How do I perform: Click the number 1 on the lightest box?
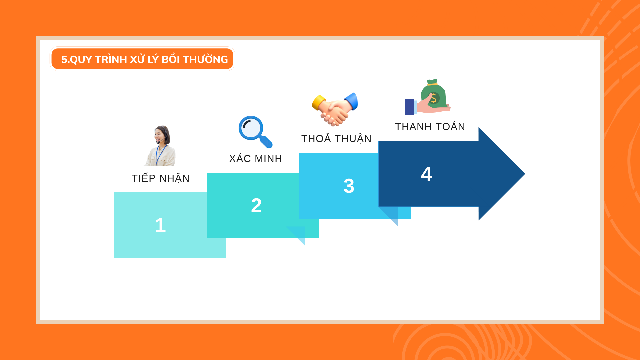click(160, 225)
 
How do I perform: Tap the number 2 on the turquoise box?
click(256, 205)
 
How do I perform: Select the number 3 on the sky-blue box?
click(349, 186)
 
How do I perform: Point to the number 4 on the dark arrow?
click(427, 174)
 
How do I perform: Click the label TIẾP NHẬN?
click(160, 178)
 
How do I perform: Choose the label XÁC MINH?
click(256, 159)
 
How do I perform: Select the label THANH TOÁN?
click(430, 127)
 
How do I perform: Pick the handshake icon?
click(335, 109)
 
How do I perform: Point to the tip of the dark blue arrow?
click(525, 174)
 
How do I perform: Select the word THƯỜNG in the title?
click(205, 59)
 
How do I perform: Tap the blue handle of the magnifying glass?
click(266, 141)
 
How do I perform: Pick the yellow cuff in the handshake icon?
click(318, 102)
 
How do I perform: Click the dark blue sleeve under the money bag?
click(409, 107)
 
